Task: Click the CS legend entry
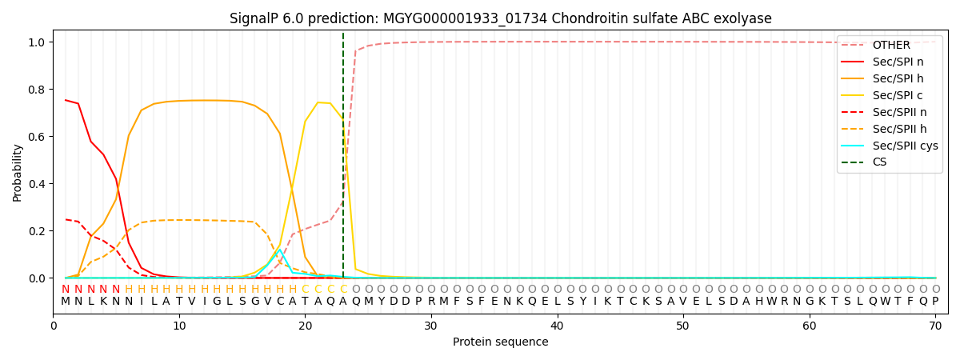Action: tap(881, 162)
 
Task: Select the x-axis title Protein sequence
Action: tap(501, 342)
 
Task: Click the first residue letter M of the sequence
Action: tap(66, 302)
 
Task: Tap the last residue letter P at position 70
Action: tap(935, 302)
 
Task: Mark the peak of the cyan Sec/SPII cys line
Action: tap(280, 250)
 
